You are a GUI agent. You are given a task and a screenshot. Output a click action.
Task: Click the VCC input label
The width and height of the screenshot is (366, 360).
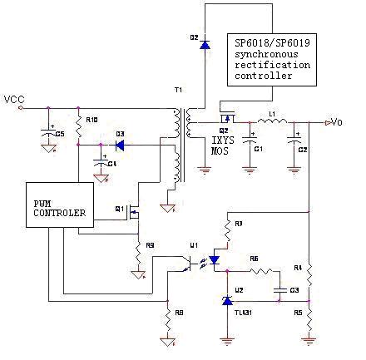click(x=14, y=100)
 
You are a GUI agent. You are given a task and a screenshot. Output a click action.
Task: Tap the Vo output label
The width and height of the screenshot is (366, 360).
click(x=335, y=122)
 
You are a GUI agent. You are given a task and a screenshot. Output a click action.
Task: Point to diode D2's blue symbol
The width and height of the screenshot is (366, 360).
click(x=205, y=44)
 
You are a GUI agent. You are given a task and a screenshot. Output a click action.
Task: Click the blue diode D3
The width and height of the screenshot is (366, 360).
click(x=120, y=145)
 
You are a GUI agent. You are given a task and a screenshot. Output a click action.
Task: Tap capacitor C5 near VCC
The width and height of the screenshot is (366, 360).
click(x=48, y=136)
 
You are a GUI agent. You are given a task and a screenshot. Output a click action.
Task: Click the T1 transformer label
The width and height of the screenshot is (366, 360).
click(x=177, y=89)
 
